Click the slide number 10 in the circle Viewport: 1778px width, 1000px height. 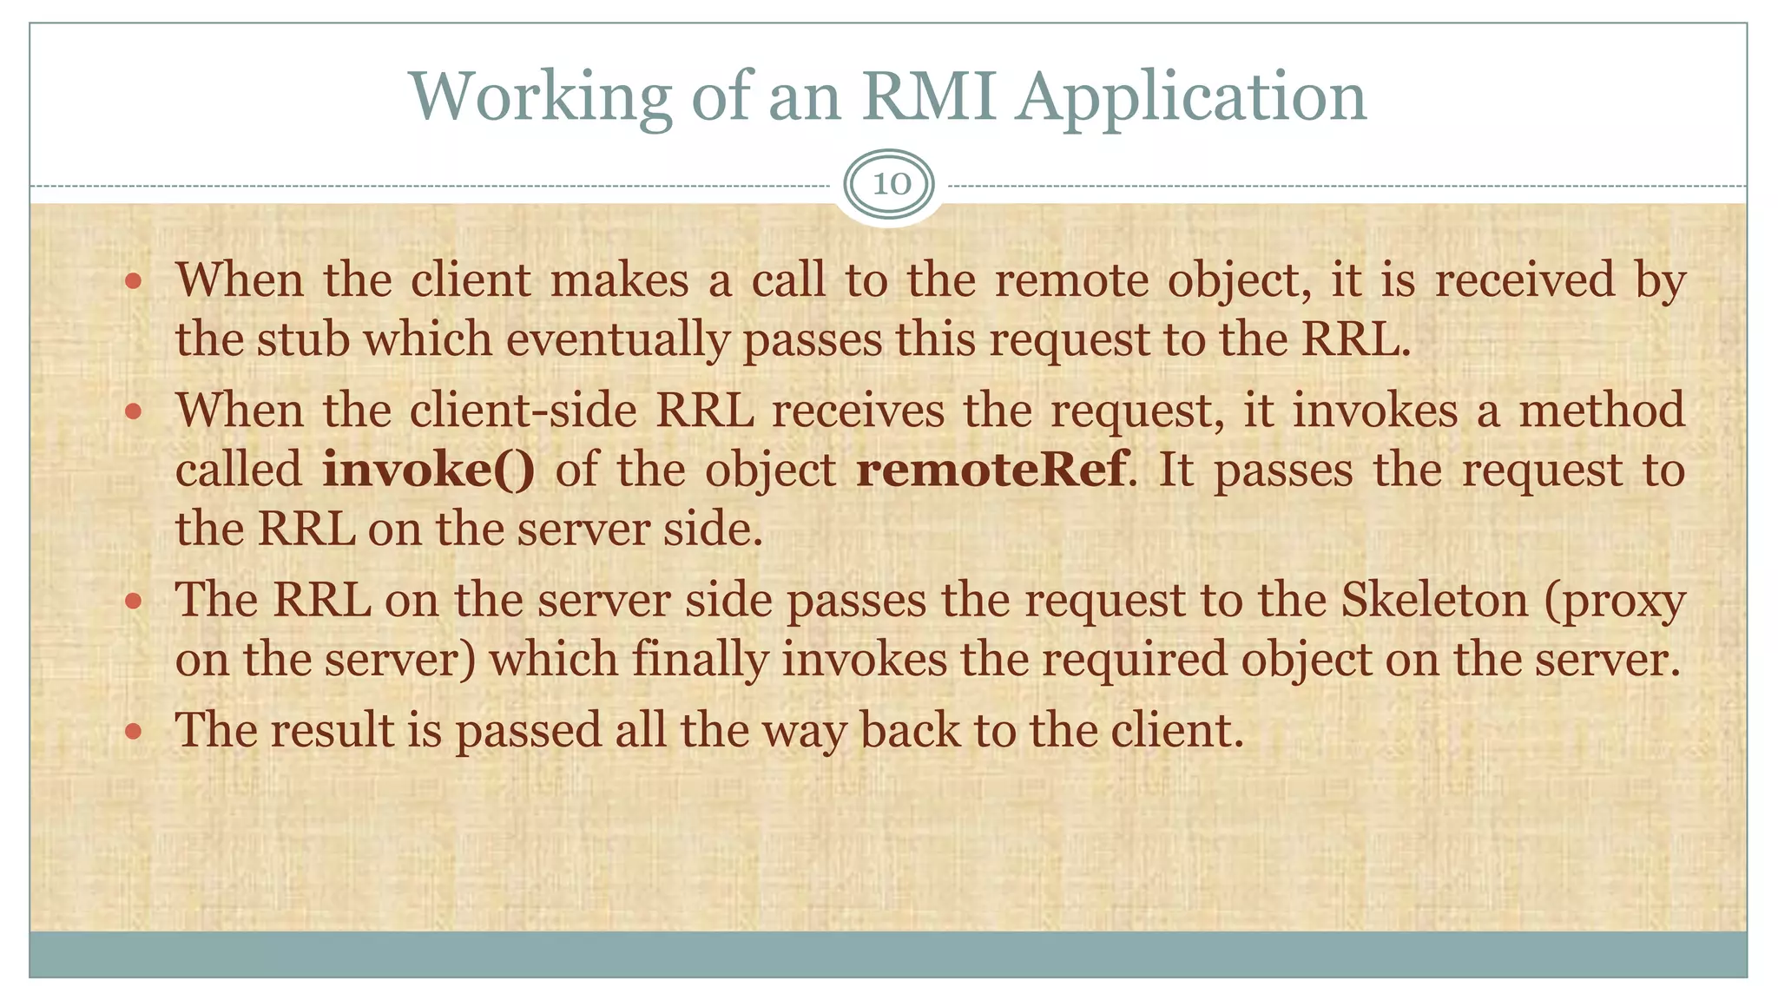pos(890,184)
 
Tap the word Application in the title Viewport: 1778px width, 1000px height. pos(1191,97)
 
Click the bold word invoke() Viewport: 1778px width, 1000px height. pos(429,470)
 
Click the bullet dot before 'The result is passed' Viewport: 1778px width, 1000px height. pos(133,731)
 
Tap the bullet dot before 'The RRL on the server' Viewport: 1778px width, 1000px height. pos(133,601)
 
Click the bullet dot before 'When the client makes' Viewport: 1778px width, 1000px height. pos(133,281)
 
